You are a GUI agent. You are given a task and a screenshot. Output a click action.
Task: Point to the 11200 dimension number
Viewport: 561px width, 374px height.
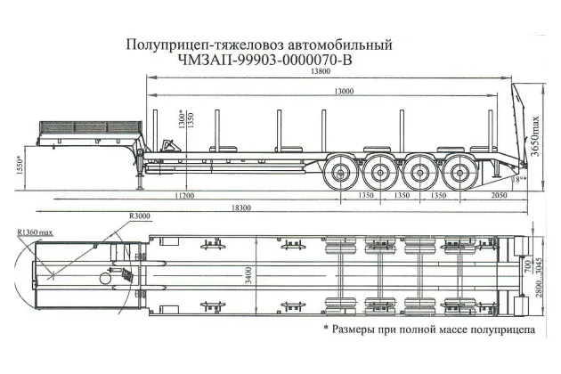pyautogui.click(x=185, y=194)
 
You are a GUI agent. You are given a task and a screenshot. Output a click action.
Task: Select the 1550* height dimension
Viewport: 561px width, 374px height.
pyautogui.click(x=20, y=166)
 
